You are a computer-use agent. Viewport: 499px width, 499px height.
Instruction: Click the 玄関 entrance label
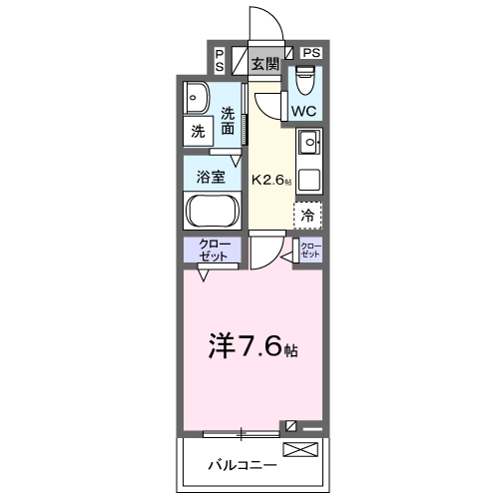coord(264,65)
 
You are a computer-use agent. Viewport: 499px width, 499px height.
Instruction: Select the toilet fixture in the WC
coord(305,77)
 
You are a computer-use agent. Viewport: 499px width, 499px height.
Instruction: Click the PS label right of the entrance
coord(311,52)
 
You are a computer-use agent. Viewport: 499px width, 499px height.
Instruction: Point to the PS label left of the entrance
coord(220,59)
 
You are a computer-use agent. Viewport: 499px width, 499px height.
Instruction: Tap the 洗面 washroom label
coord(229,120)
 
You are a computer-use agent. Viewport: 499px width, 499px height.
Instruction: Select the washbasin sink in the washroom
coord(196,98)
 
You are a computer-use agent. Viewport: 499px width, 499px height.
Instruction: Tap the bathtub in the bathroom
coord(211,212)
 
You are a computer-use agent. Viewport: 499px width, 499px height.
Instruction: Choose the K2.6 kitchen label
coord(271,181)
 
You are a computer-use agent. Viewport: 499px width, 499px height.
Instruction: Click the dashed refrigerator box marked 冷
coord(307,214)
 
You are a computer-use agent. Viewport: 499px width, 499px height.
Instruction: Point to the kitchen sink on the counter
coord(308,144)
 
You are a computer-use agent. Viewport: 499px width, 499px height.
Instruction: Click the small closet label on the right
coord(310,249)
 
